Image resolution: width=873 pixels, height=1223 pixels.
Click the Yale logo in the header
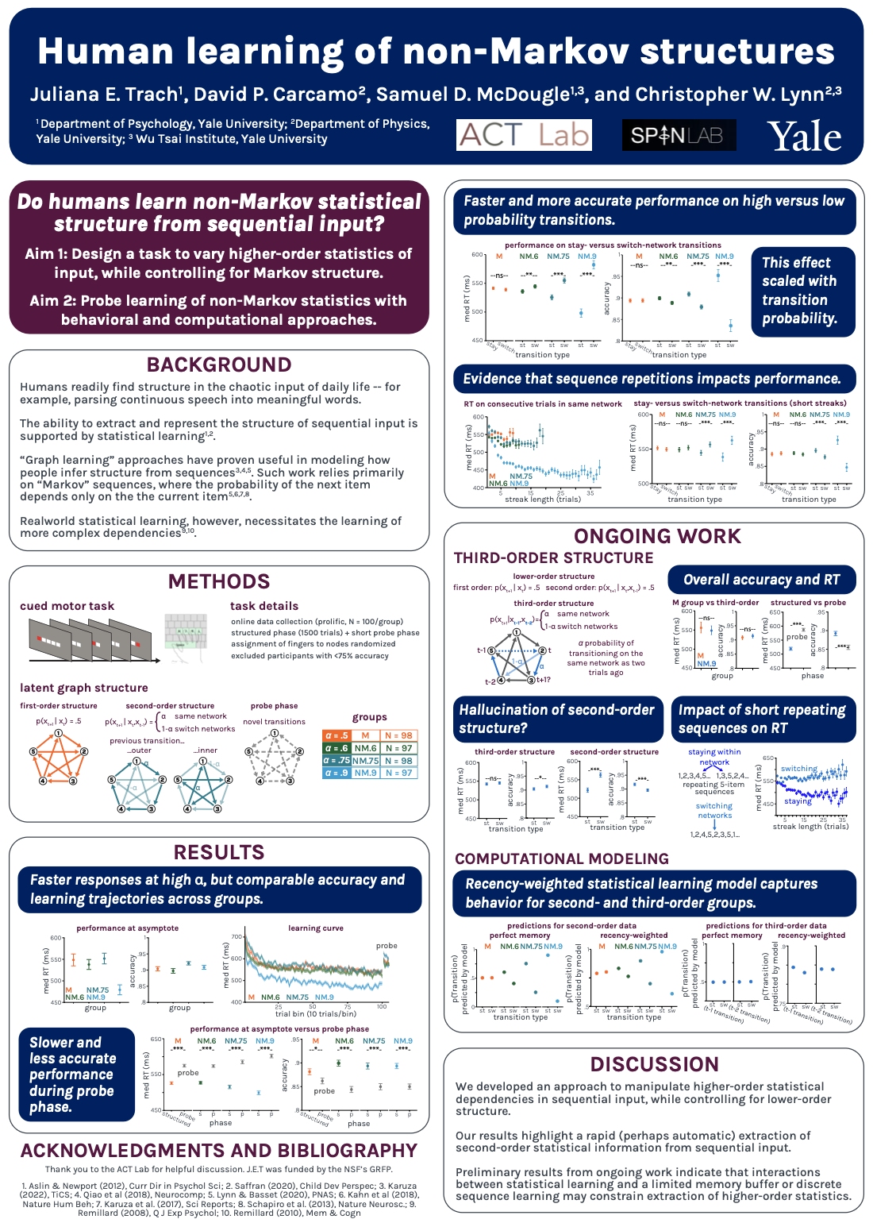coord(804,137)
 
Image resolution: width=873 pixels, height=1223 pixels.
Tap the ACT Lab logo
coord(524,135)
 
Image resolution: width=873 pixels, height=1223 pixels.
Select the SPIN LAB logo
coord(679,135)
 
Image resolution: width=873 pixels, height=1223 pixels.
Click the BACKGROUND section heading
coord(219,365)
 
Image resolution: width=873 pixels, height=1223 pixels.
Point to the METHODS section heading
coord(219,581)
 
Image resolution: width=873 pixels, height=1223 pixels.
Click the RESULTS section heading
coord(219,852)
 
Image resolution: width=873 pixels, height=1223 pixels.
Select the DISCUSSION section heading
coord(654,1064)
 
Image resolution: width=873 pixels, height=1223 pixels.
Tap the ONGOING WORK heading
coord(657,536)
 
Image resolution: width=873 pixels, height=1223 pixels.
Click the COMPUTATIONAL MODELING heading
coord(562,858)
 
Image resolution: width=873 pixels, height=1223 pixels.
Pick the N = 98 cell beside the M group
coord(398,735)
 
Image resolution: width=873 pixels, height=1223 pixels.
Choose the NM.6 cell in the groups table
coord(366,748)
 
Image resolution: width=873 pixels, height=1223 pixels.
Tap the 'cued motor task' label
coord(67,606)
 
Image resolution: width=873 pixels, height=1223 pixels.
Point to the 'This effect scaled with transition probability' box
coord(804,291)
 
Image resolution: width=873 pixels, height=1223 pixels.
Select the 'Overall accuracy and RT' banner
coord(761,580)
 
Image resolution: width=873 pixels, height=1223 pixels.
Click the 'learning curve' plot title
coord(316,928)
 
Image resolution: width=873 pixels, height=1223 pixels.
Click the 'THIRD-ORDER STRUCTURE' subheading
coord(553,558)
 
